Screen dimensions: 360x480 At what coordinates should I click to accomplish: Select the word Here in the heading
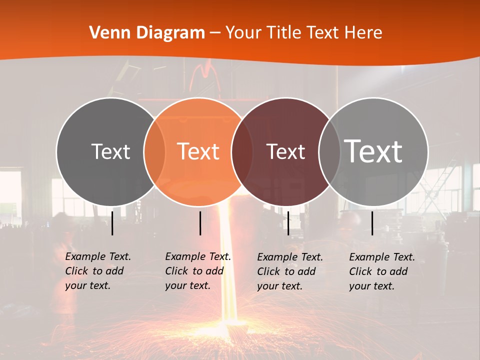(364, 33)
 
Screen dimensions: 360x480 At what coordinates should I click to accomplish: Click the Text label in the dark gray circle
(110, 151)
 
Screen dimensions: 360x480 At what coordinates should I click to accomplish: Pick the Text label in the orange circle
(198, 151)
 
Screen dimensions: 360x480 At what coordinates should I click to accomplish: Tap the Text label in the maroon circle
(285, 151)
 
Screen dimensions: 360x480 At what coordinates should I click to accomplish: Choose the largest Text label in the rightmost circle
(373, 151)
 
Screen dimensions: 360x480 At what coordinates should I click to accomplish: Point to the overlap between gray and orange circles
(154, 151)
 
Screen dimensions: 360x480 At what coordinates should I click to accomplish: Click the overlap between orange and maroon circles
(242, 151)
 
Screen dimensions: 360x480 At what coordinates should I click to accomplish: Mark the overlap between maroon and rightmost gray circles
(329, 151)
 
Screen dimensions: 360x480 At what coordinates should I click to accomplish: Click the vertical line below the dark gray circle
(112, 223)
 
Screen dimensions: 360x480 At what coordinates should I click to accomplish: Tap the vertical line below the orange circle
(200, 223)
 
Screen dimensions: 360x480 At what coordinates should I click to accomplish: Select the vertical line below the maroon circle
(288, 223)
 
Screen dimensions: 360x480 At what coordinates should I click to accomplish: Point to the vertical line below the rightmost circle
(372, 223)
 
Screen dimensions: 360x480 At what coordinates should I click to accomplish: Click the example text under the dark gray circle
(97, 271)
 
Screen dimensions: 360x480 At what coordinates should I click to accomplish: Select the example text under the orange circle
(197, 271)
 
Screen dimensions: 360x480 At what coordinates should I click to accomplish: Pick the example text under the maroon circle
(289, 271)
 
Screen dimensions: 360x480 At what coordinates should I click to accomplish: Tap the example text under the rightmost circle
(381, 271)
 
